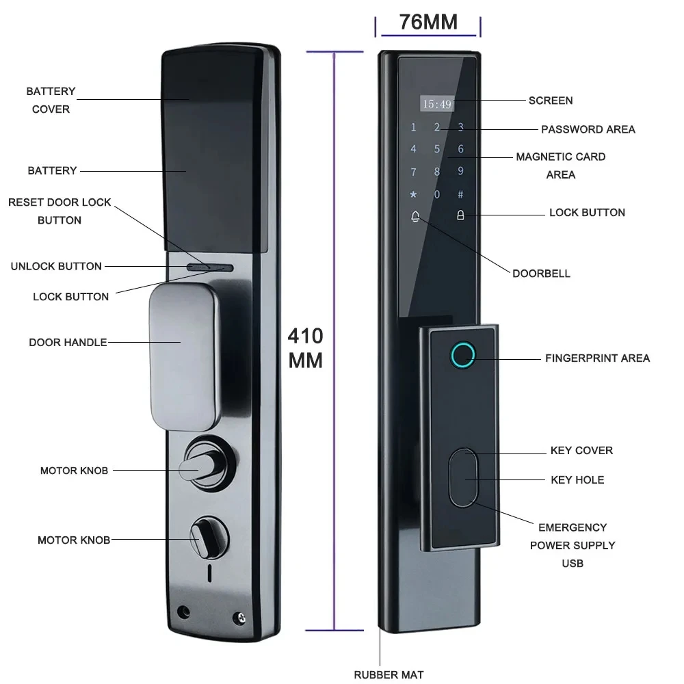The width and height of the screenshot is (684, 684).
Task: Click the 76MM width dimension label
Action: tap(428, 22)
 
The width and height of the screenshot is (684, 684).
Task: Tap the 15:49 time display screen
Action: tap(436, 104)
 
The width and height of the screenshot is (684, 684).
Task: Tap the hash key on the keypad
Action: tap(460, 194)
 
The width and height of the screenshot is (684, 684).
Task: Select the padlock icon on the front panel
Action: tap(460, 216)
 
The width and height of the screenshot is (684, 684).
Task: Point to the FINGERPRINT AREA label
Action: tap(597, 358)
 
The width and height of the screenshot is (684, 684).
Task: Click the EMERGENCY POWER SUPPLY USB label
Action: tap(572, 545)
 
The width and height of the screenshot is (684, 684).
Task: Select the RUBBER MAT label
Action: tap(389, 674)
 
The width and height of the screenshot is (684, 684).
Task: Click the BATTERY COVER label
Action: tap(51, 100)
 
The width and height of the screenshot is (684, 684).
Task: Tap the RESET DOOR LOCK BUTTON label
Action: tap(60, 211)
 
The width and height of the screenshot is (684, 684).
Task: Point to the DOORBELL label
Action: tap(541, 274)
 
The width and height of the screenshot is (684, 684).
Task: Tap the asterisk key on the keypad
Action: tap(413, 194)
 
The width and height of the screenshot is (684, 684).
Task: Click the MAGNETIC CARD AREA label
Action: tap(561, 166)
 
